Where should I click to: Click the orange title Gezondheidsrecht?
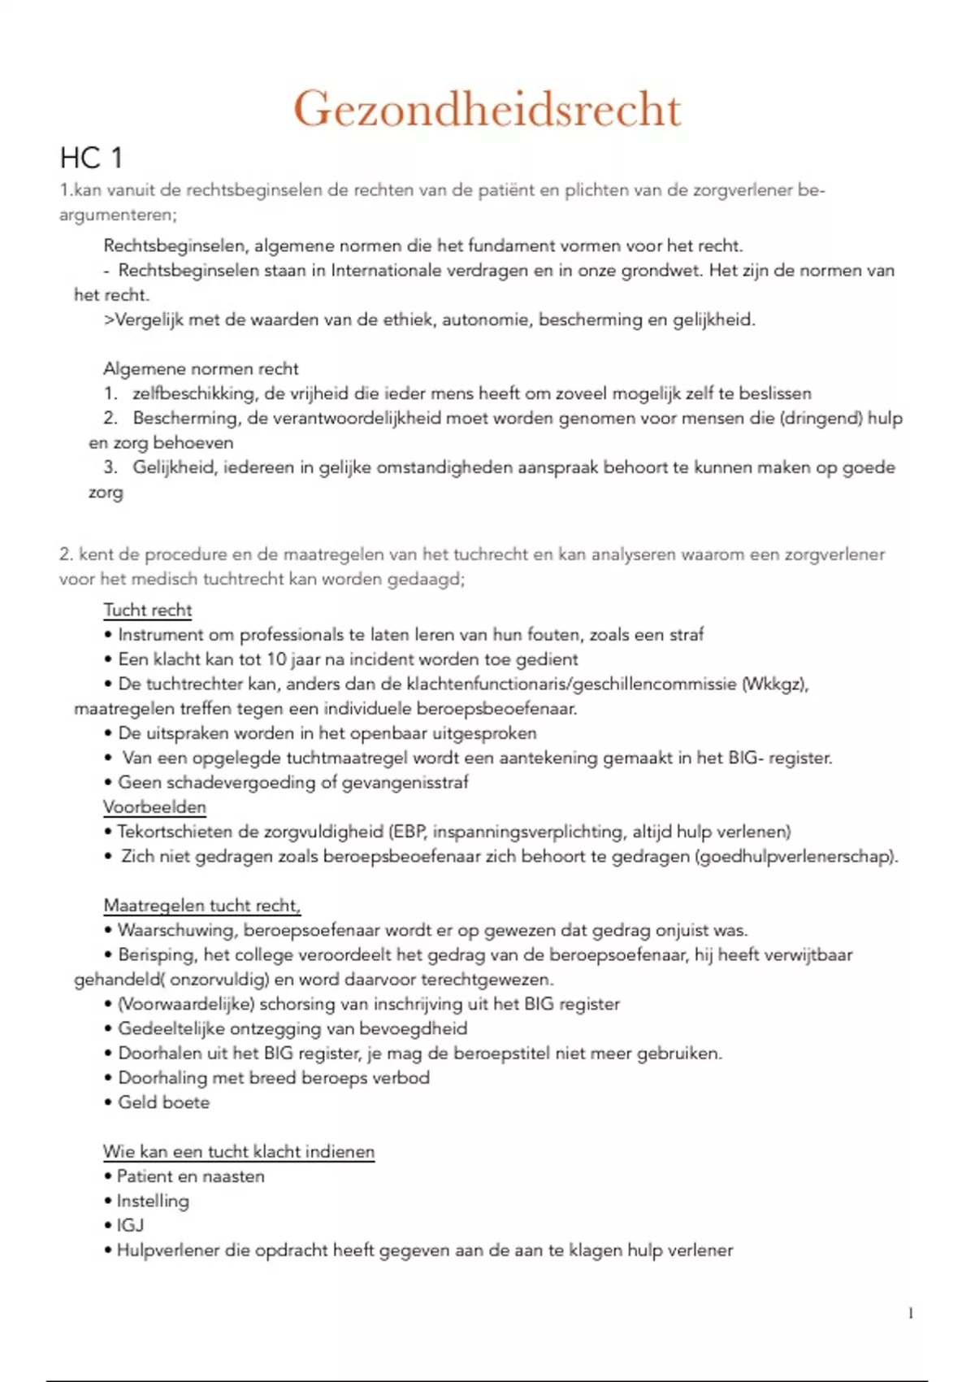click(x=487, y=109)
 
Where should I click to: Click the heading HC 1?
click(x=91, y=158)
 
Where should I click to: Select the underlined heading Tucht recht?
click(x=148, y=610)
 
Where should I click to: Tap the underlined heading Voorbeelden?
click(x=154, y=807)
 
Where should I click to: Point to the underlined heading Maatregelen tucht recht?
click(x=201, y=906)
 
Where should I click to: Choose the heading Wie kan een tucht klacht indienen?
click(x=239, y=1151)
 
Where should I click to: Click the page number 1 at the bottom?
click(x=911, y=1313)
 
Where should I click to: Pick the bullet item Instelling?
click(x=153, y=1201)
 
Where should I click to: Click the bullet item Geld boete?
click(x=164, y=1102)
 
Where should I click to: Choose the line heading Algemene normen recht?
click(x=201, y=369)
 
